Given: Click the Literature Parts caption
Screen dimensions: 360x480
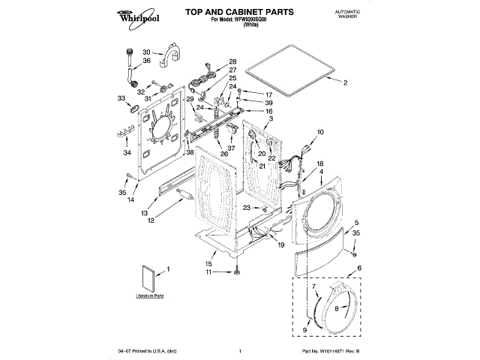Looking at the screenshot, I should (150, 297).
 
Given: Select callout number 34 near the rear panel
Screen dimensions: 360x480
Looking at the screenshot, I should (127, 153).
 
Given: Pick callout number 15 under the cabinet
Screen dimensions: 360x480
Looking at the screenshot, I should (209, 263).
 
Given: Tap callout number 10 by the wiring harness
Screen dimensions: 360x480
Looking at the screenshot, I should (319, 132).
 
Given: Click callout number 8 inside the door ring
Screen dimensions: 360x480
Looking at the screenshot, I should (337, 307).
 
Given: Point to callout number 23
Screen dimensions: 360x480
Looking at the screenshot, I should (246, 208).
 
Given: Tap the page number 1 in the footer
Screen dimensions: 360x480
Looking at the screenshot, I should (239, 351).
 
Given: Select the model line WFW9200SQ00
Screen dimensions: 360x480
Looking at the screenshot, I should (239, 20).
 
